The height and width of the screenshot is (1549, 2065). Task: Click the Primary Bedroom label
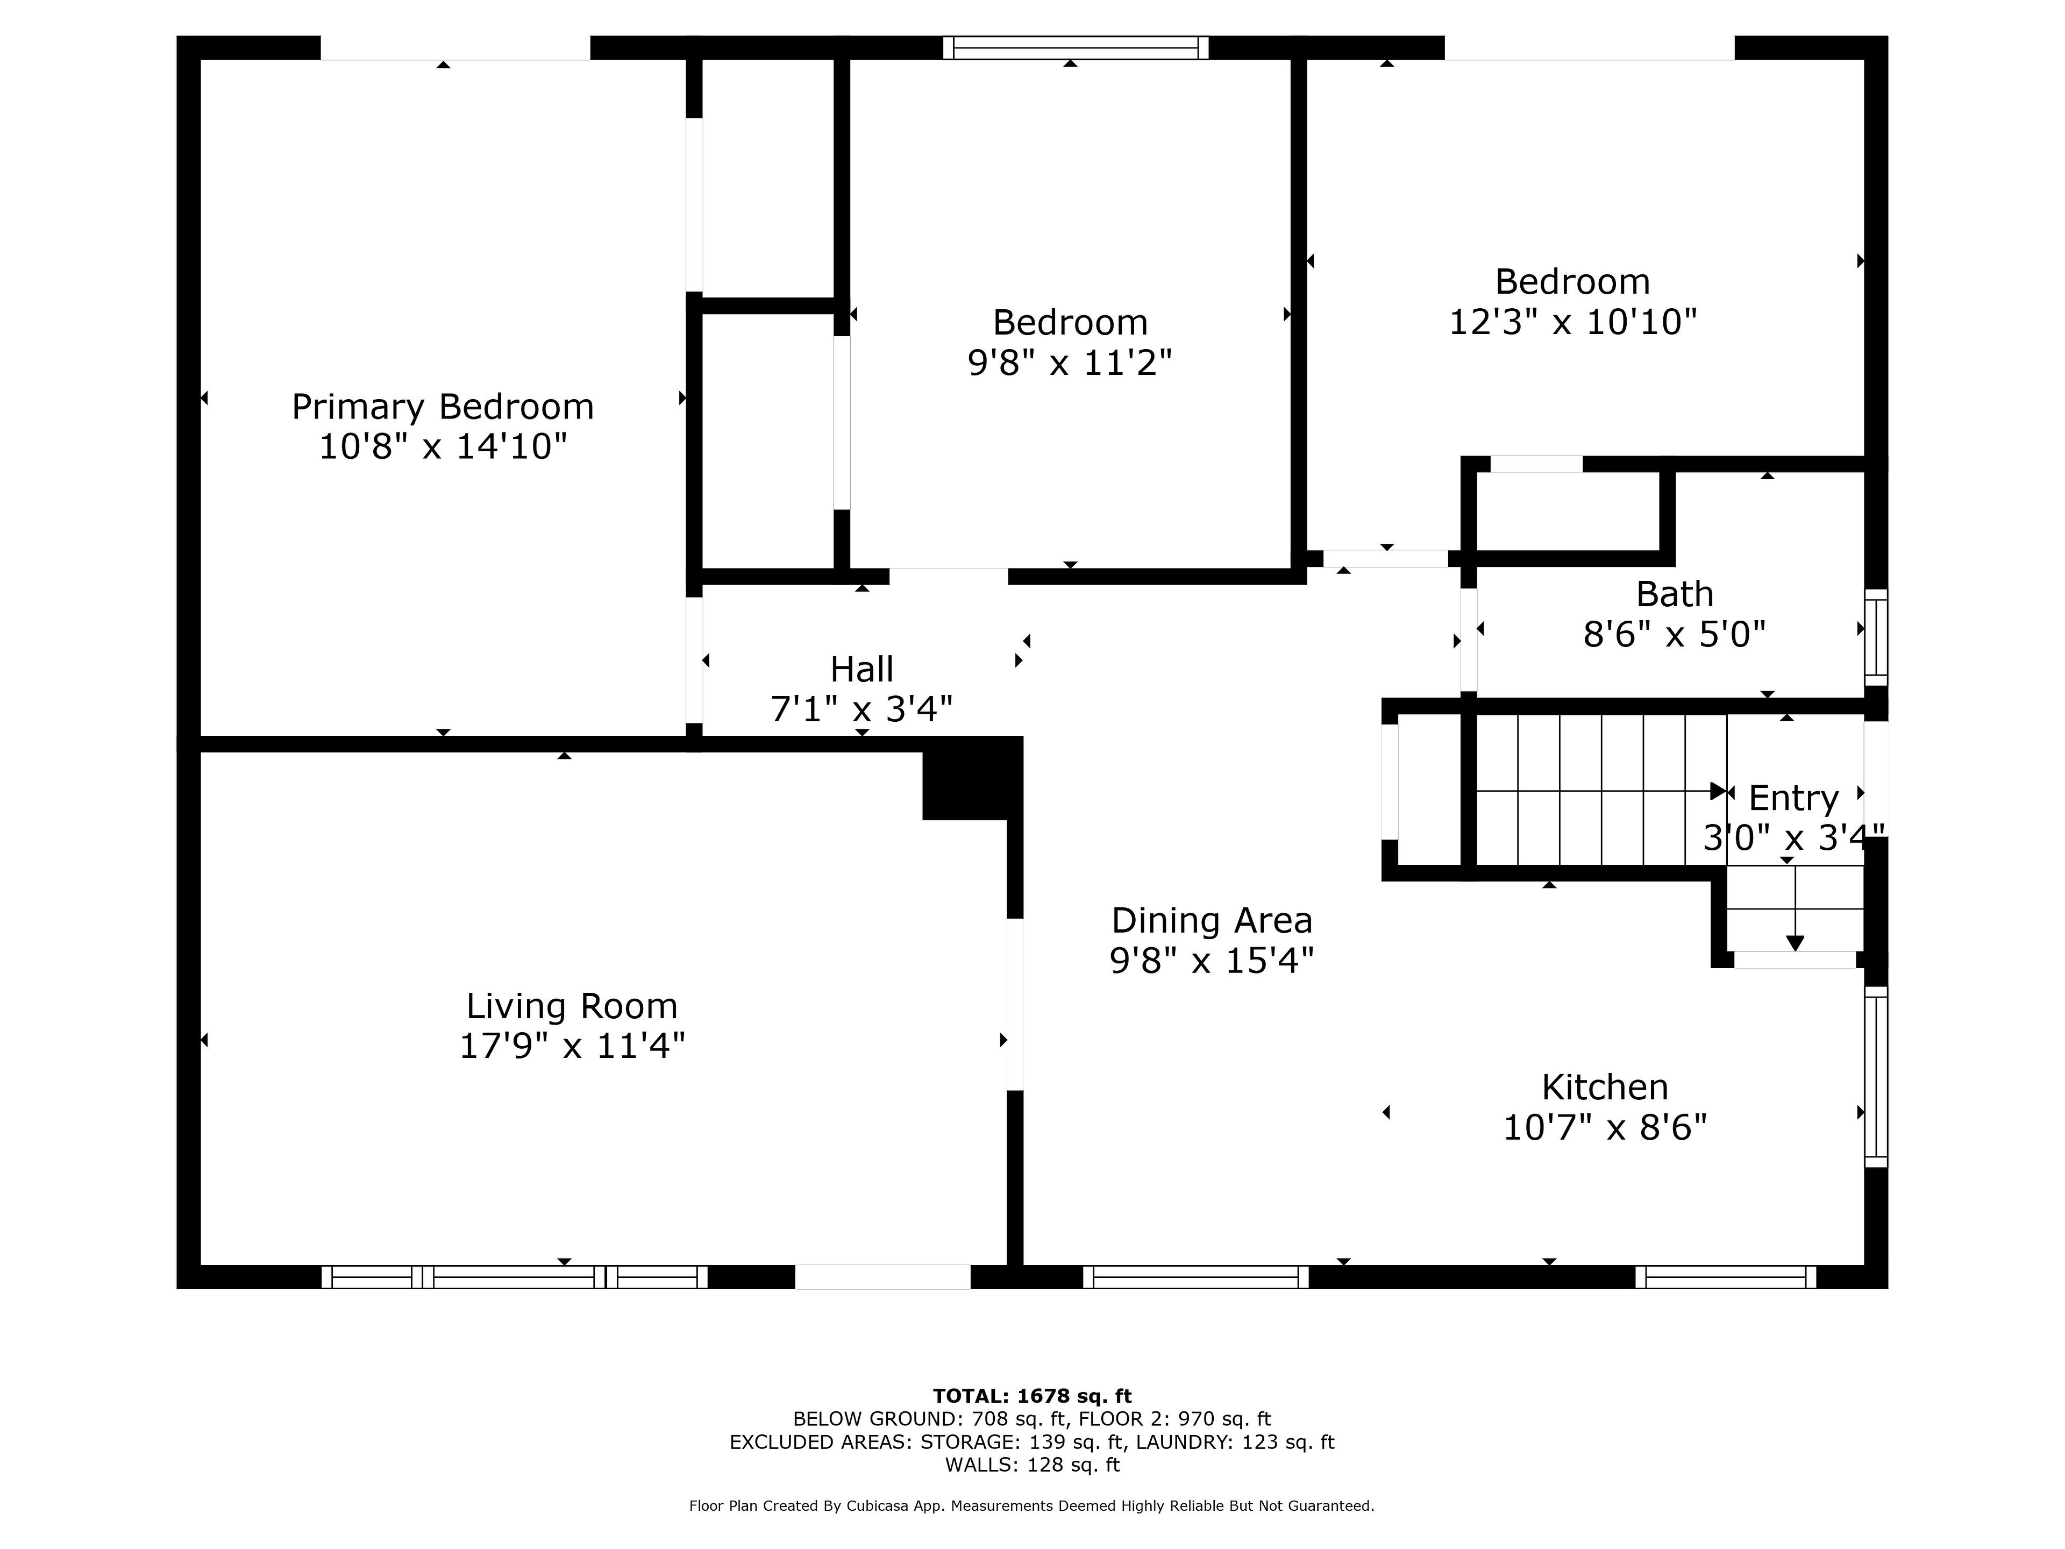[x=443, y=407]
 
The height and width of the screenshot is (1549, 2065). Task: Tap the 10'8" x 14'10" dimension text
[x=443, y=446]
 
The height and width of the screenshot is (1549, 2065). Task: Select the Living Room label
[x=571, y=1006]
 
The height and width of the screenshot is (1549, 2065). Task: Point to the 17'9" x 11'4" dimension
[x=571, y=1046]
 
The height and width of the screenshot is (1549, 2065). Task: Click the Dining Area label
[x=1212, y=921]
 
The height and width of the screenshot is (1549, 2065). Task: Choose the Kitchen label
[x=1605, y=1088]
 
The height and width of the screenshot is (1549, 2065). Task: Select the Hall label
[x=861, y=670]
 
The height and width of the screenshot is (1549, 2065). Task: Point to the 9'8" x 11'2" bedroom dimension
[x=1070, y=363]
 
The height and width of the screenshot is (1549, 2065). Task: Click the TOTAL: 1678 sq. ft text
[x=1031, y=1396]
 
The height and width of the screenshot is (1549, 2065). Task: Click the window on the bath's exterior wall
[x=1876, y=638]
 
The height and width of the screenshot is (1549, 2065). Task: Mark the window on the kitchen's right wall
[x=1876, y=1077]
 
